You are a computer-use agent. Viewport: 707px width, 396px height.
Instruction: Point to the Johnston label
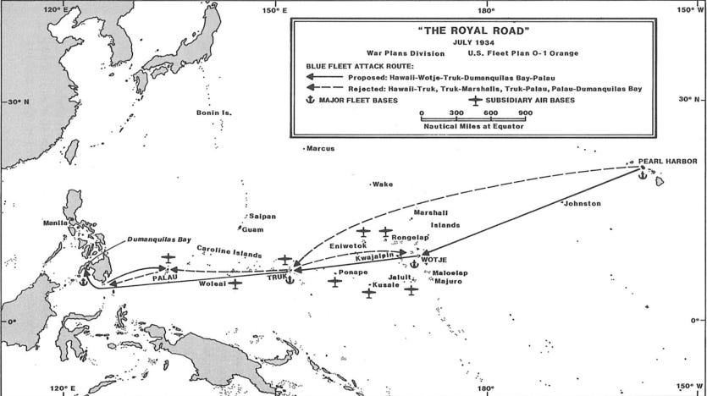(x=581, y=204)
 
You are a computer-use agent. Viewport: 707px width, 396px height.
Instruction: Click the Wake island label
(x=383, y=184)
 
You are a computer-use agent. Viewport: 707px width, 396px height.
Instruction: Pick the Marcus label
(x=321, y=149)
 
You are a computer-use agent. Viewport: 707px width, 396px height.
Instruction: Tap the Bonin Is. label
(x=214, y=113)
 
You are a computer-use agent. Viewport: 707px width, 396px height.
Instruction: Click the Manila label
(x=56, y=223)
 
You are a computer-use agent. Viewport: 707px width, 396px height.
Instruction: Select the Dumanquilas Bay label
(x=159, y=239)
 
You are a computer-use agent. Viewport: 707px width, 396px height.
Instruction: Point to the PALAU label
(x=166, y=277)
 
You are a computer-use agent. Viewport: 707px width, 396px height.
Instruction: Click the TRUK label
(x=278, y=277)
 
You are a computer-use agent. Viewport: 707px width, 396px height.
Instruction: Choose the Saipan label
(x=262, y=217)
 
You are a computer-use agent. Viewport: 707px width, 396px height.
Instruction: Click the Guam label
(x=253, y=229)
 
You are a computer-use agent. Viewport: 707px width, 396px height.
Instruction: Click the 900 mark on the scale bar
(x=525, y=113)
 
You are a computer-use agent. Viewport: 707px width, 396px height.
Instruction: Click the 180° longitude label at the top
(x=486, y=11)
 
